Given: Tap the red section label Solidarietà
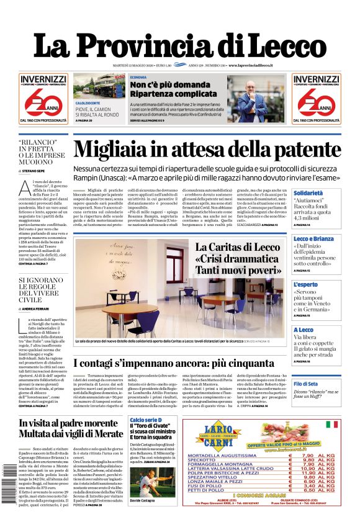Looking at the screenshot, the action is [x=308, y=193].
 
